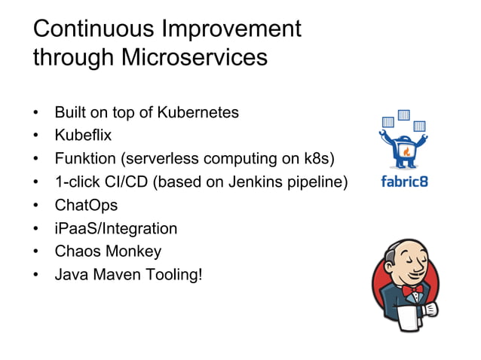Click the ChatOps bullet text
coord(86,205)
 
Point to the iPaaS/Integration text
coord(115,228)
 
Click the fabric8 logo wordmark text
coord(404,182)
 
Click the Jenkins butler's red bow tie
coord(410,290)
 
